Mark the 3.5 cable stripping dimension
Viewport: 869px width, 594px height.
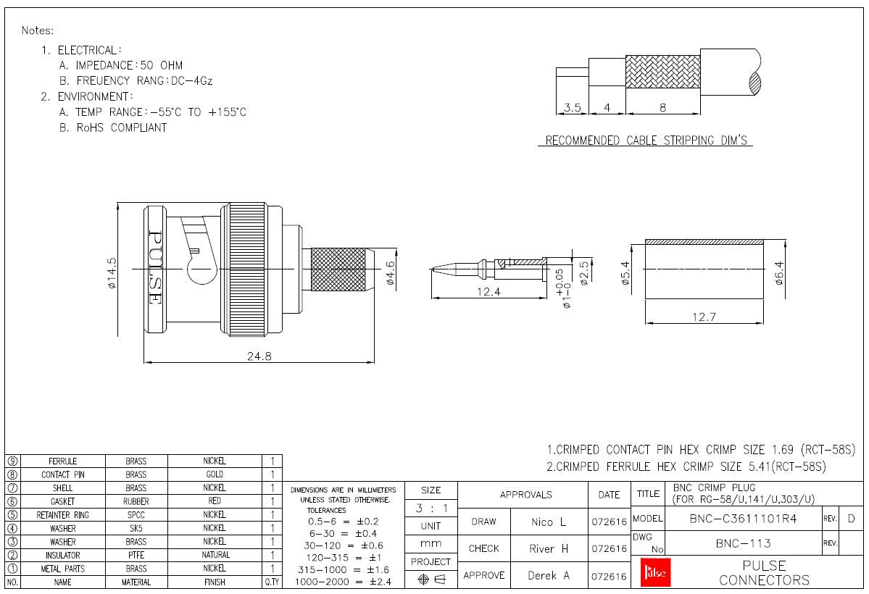click(573, 108)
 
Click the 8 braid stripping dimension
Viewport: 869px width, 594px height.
click(662, 108)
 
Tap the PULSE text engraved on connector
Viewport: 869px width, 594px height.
click(154, 267)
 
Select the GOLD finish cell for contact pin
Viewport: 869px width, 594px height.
click(215, 474)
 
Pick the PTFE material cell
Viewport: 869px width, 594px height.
click(136, 555)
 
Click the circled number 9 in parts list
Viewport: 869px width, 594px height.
click(12, 461)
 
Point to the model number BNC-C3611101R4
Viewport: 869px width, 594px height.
click(744, 519)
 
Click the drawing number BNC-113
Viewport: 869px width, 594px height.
click(743, 543)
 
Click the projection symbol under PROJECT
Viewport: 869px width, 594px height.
click(431, 579)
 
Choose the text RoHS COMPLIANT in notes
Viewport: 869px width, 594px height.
click(113, 127)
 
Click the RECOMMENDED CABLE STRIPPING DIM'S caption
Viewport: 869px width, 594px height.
click(645, 141)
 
